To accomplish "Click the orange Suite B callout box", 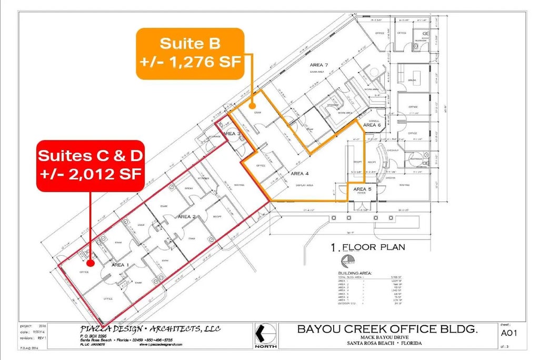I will [x=190, y=53].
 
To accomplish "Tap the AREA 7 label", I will [x=318, y=65].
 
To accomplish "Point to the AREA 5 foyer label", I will [x=362, y=189].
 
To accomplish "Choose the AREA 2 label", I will [x=187, y=216].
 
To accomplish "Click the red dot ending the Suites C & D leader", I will [x=90, y=262].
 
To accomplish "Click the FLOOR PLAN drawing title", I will [x=368, y=247].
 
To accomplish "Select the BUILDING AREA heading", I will [x=355, y=274].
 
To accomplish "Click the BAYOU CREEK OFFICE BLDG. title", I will [x=387, y=329].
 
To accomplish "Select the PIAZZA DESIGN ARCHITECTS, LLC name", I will [x=139, y=329].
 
